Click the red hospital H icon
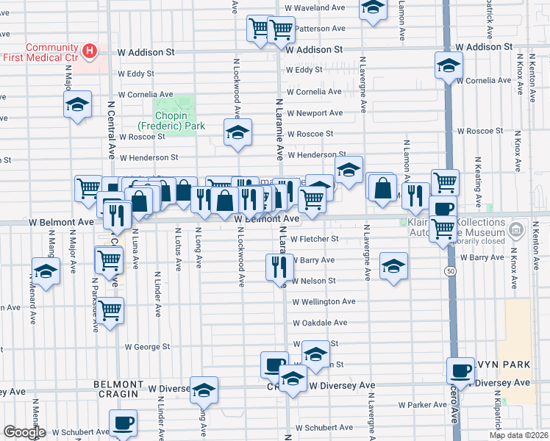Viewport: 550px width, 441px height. pyautogui.click(x=90, y=51)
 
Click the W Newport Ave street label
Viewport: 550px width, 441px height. pyautogui.click(x=315, y=113)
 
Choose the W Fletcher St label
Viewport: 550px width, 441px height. pyautogui.click(x=314, y=239)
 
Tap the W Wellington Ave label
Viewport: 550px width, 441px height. pyautogui.click(x=324, y=301)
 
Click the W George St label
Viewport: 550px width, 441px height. pyautogui.click(x=147, y=346)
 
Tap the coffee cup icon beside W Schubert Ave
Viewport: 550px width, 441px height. pyautogui.click(x=123, y=422)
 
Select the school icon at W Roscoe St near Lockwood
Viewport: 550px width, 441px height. pyautogui.click(x=238, y=132)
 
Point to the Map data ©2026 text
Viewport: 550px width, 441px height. pyautogui.click(x=518, y=435)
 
